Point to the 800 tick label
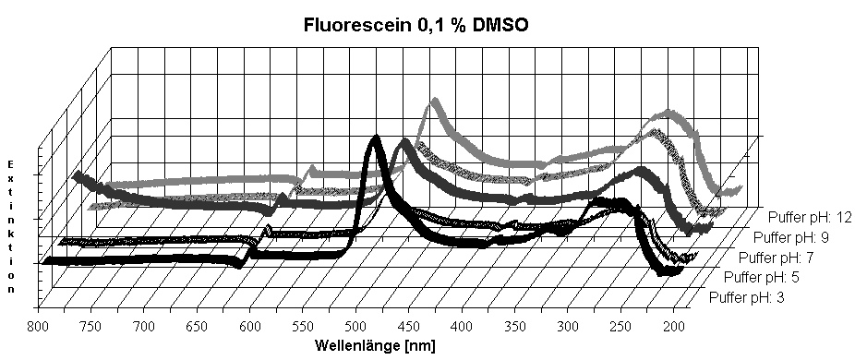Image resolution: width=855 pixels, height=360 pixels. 38,326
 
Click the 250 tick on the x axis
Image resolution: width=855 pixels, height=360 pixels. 620,326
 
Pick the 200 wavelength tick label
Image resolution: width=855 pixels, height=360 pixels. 673,326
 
